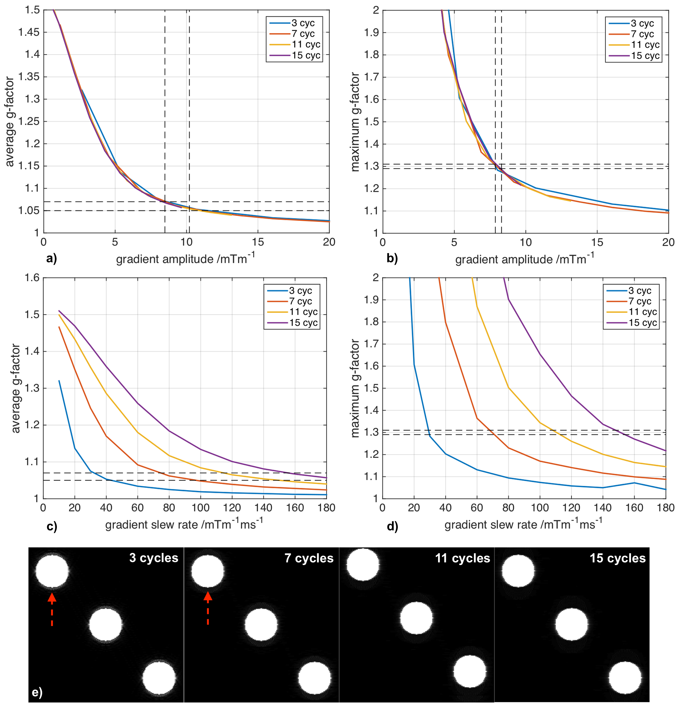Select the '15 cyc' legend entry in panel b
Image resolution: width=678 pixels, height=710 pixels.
(x=645, y=56)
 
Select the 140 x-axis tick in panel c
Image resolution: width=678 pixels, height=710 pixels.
(x=263, y=508)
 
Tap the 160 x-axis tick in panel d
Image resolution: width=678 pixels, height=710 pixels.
(x=634, y=508)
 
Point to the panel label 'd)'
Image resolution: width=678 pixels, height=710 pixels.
(x=392, y=526)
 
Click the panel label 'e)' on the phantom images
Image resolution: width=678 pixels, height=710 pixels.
(x=37, y=692)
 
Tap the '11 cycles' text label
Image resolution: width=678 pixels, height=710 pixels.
(x=462, y=558)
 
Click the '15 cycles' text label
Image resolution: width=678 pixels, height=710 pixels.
(x=617, y=558)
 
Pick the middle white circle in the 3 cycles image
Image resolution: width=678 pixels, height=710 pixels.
(x=106, y=624)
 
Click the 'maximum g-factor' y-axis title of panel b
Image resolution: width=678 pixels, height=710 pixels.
(x=356, y=122)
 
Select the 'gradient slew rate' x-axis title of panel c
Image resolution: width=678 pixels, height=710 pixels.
(x=184, y=524)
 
